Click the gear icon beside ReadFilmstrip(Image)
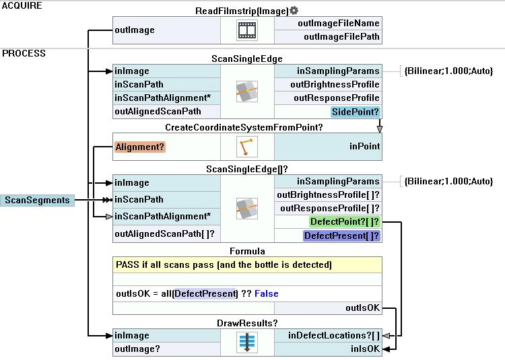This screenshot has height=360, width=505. [x=294, y=11]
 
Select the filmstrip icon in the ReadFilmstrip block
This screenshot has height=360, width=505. [x=247, y=30]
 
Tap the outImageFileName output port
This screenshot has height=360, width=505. [x=341, y=24]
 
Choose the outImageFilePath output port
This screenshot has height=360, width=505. [x=341, y=37]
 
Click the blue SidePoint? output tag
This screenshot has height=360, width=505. [x=356, y=112]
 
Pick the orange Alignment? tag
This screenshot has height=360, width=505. [x=140, y=146]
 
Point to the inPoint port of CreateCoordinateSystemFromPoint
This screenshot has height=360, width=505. [x=364, y=146]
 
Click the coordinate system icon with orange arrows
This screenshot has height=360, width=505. [x=247, y=147]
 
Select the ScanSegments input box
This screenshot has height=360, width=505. [x=37, y=200]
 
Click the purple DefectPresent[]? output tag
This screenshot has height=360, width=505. [x=341, y=236]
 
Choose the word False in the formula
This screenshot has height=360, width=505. [x=267, y=294]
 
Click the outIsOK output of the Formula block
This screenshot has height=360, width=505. [x=363, y=308]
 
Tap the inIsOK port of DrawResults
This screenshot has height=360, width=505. [x=365, y=349]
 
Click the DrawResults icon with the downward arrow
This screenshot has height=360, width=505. [x=247, y=343]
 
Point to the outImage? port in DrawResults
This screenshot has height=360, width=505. [x=137, y=349]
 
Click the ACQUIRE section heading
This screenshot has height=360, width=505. [x=22, y=5]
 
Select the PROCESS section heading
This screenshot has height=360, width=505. [x=24, y=54]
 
